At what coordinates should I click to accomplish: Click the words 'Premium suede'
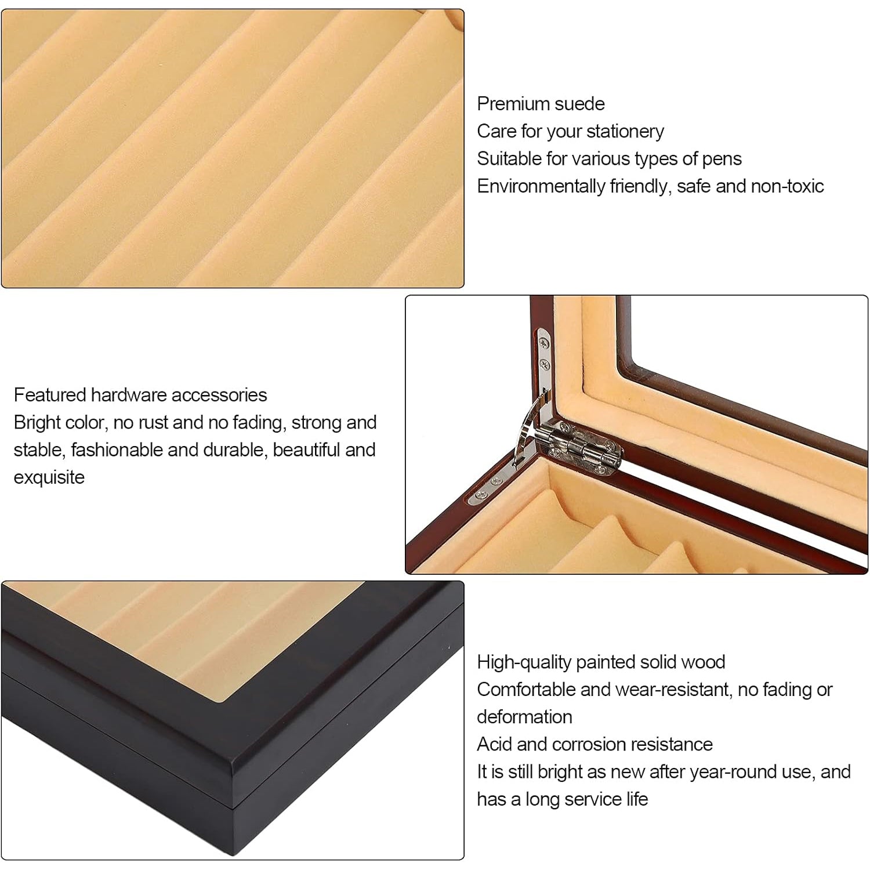click(541, 104)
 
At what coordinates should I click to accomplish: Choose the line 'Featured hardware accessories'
click(140, 395)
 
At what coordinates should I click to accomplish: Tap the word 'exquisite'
click(49, 478)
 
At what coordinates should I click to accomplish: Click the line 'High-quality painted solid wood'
click(601, 662)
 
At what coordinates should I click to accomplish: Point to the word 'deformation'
click(524, 717)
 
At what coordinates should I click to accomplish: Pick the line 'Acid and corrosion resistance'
click(594, 744)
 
